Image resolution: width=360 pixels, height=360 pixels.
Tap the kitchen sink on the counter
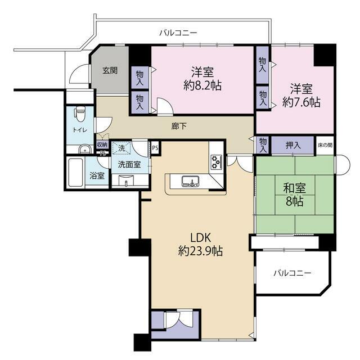coord(190,181)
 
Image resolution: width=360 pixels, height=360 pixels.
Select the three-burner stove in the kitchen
coord(217,162)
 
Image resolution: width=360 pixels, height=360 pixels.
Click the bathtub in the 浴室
coord(75,172)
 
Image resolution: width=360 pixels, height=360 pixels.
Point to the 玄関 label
coord(110,70)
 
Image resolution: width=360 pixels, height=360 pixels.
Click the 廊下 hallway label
coord(179,126)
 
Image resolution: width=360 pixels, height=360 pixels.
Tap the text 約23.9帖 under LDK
coord(200,251)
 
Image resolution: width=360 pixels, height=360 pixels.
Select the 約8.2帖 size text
coord(202,85)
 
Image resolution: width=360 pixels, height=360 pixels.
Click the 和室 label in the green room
coord(295,188)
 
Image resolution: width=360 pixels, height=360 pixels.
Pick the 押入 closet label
coord(293,145)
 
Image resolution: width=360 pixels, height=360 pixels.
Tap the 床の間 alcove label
coord(325,145)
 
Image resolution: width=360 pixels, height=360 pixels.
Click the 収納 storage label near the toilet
coord(102,145)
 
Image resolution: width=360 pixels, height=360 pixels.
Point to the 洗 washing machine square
coord(121,148)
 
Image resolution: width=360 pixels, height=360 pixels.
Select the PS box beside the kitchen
coord(155,148)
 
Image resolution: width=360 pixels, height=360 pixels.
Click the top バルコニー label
coord(178,33)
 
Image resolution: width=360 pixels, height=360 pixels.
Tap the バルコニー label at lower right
coord(292,273)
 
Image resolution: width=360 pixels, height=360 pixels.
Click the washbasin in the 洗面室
coord(126,180)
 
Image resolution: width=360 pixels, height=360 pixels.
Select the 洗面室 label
coord(129,164)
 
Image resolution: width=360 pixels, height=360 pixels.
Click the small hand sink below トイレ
coord(85,149)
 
